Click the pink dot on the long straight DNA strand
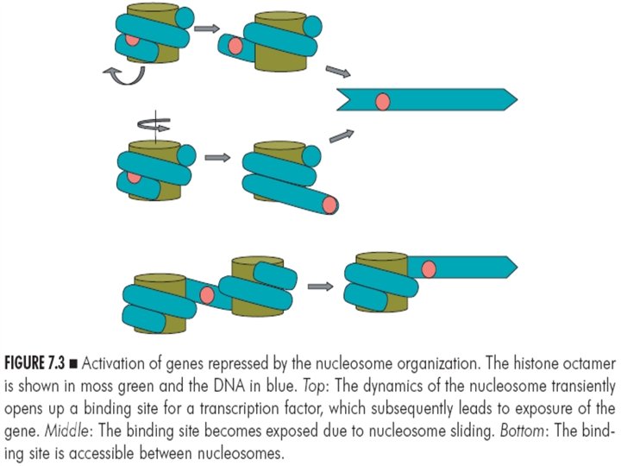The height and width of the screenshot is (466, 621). [383, 102]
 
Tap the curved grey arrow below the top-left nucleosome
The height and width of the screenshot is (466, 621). [127, 78]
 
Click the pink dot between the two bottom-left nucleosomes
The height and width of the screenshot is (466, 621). [207, 296]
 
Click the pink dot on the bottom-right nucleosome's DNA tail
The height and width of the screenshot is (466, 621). [428, 270]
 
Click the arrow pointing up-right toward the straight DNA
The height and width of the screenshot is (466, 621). [342, 134]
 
